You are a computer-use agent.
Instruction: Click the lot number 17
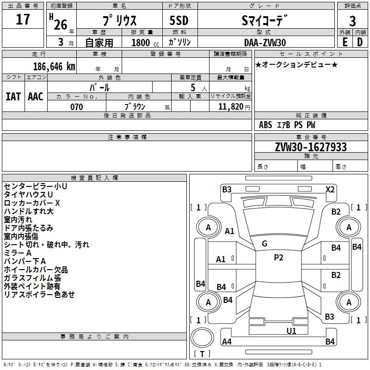tap(23, 19)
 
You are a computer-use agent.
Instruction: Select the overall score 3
tap(352, 21)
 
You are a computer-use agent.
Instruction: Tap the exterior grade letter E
tap(345, 42)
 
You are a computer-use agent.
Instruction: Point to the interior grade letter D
tap(360, 42)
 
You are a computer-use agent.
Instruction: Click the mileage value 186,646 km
tap(54, 67)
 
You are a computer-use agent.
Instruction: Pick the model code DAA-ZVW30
tap(265, 43)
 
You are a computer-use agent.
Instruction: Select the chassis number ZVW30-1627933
tap(311, 147)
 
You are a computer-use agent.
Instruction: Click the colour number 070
tap(77, 107)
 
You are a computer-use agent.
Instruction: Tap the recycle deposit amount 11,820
tap(230, 107)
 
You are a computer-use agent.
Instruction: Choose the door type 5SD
tap(179, 20)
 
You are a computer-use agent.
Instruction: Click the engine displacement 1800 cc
tap(145, 43)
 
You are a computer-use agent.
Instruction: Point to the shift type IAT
tap(13, 97)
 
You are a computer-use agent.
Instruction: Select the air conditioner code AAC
tap(36, 97)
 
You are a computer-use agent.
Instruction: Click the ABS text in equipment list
tap(265, 125)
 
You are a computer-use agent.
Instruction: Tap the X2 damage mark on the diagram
tap(330, 190)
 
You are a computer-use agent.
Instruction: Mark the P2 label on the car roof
tap(278, 258)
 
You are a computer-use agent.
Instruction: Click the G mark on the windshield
tap(265, 244)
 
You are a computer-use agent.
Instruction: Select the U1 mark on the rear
tap(291, 331)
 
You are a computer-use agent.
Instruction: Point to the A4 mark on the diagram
tap(227, 341)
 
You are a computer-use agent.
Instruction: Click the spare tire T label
tap(202, 354)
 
